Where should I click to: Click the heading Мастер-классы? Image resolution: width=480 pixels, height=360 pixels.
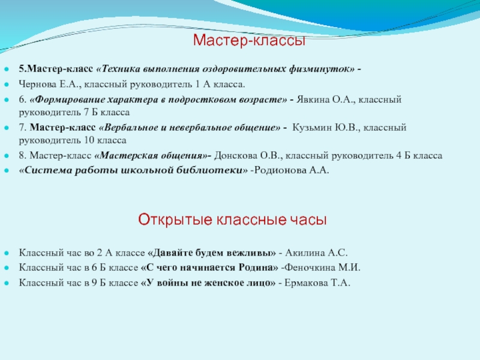249,41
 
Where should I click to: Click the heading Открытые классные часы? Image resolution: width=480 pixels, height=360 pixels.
233,220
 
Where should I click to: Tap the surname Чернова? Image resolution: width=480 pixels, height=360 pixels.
36,85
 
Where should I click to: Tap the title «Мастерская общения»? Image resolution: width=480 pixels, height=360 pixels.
152,155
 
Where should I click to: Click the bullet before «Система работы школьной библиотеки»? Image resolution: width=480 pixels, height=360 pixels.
8,170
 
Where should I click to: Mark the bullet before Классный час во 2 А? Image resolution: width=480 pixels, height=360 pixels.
8,254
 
